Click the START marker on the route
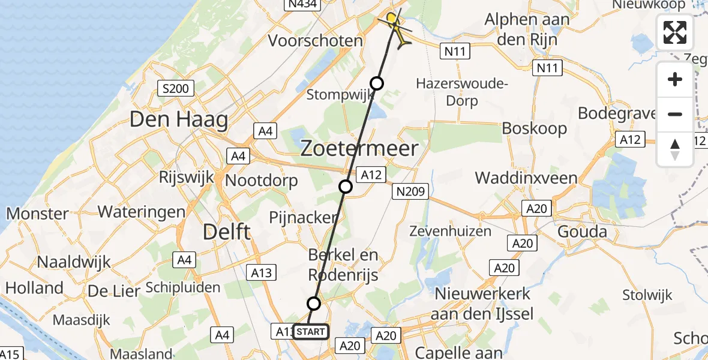tap(311, 332)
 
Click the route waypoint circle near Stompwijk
tap(377, 83)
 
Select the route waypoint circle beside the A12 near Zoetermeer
tap(346, 187)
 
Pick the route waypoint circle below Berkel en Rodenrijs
tap(314, 303)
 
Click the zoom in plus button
tap(675, 79)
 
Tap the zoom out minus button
tap(675, 114)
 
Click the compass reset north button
tap(675, 149)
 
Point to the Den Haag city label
tap(179, 120)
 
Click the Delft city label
tap(226, 232)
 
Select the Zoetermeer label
tap(359, 148)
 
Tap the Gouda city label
tap(581, 232)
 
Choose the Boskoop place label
tap(534, 128)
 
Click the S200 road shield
tap(175, 89)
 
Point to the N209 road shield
tap(411, 192)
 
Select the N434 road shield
tap(302, 5)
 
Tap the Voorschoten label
tap(316, 41)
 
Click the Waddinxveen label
tap(526, 178)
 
